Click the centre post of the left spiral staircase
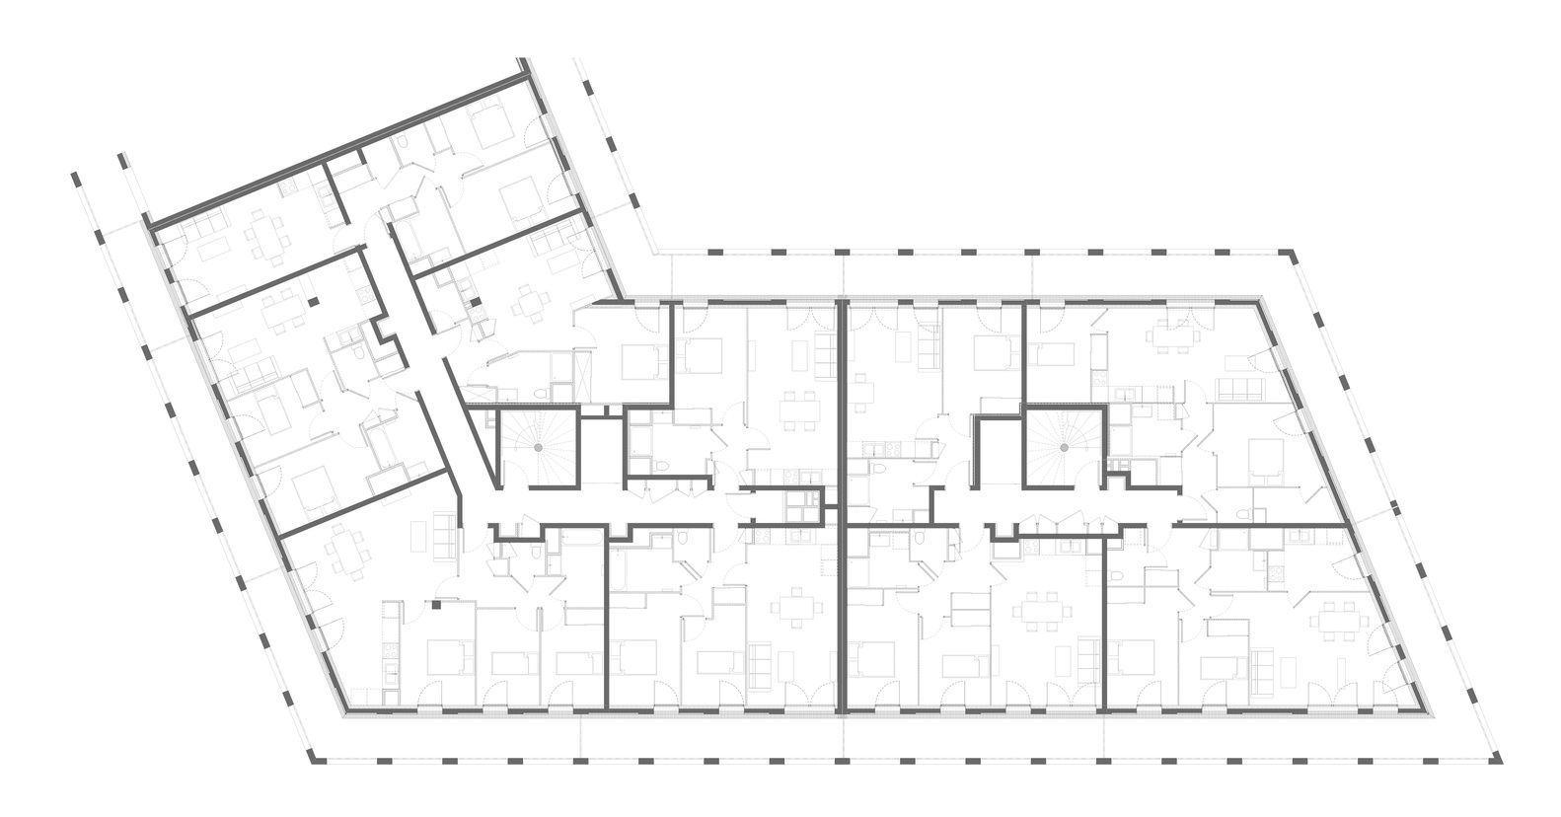pyautogui.click(x=539, y=448)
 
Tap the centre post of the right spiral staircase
pyautogui.click(x=1066, y=448)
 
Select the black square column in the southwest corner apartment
pyautogui.click(x=435, y=606)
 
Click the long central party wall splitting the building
pyautogui.click(x=843, y=503)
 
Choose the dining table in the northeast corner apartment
pyautogui.click(x=1171, y=334)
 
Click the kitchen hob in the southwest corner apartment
pyautogui.click(x=394, y=651)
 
